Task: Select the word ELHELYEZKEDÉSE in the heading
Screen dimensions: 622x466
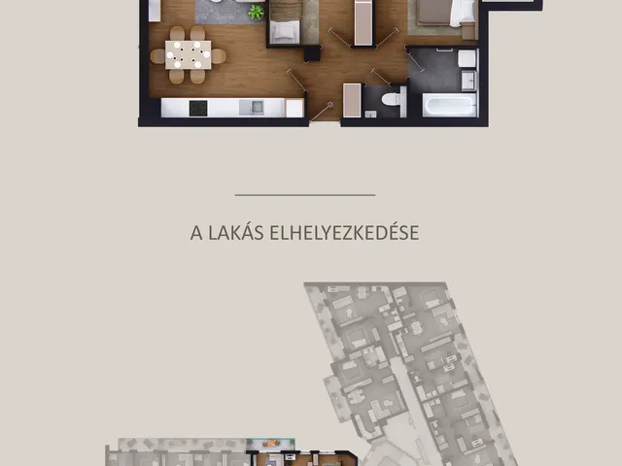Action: pos(344,232)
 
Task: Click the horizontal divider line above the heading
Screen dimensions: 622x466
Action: pos(305,195)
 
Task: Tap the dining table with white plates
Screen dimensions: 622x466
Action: pos(188,54)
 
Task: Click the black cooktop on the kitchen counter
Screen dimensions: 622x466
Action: pos(198,108)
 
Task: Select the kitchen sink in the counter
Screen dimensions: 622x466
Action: pos(252,108)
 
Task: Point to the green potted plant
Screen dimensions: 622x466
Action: pos(256,13)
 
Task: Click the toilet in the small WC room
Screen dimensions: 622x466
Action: pos(392,99)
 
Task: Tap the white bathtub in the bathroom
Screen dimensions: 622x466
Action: pos(449,105)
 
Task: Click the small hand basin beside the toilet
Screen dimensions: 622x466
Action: pos(370,115)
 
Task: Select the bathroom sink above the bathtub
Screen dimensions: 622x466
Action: pos(469,81)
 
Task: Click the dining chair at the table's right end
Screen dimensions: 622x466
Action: pos(219,56)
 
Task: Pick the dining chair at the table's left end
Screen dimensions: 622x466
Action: pos(157,56)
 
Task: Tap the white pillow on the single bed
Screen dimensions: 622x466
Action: pos(285,30)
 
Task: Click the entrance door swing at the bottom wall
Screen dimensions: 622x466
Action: pos(322,112)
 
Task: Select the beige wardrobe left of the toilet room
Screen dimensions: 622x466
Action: pos(352,100)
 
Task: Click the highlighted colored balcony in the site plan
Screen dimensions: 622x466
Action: pos(270,444)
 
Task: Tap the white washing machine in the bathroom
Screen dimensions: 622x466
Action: pos(466,58)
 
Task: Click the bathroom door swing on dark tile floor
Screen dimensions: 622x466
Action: pos(415,59)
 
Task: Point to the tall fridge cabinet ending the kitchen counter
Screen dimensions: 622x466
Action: pos(294,108)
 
